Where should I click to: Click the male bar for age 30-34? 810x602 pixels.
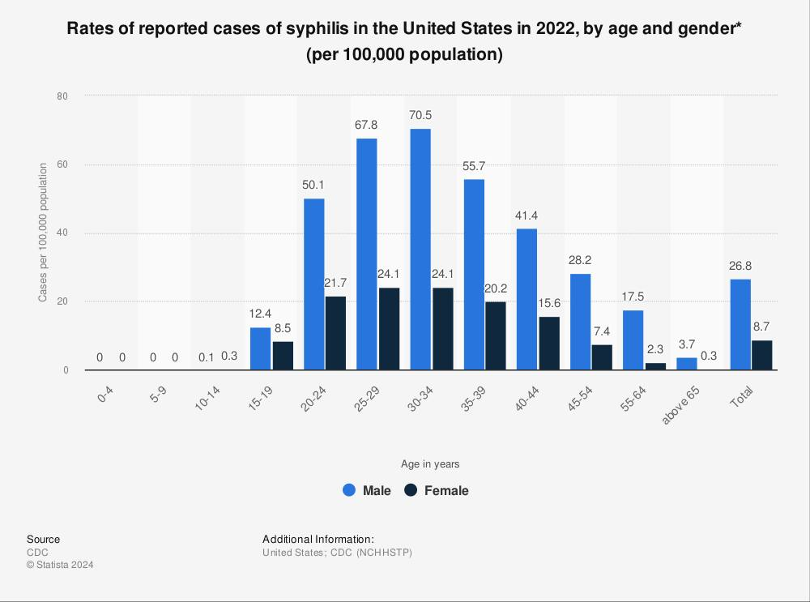(x=420, y=250)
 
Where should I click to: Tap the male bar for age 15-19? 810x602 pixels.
(x=260, y=348)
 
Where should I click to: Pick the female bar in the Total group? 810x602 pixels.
(x=761, y=355)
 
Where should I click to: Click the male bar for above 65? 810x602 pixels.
(x=687, y=364)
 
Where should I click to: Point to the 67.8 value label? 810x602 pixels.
(x=367, y=125)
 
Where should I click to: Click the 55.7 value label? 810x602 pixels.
(x=474, y=165)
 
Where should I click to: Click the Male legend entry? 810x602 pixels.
(x=367, y=490)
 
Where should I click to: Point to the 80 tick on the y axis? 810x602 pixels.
(x=62, y=96)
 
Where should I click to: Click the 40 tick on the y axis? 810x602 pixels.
(x=62, y=233)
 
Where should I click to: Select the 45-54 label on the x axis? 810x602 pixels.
(x=578, y=396)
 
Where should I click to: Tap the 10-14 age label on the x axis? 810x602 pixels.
(x=207, y=396)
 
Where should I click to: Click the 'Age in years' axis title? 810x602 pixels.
(x=430, y=464)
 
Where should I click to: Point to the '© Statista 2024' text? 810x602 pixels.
(x=60, y=565)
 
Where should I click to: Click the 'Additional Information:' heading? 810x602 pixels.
(x=318, y=539)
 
